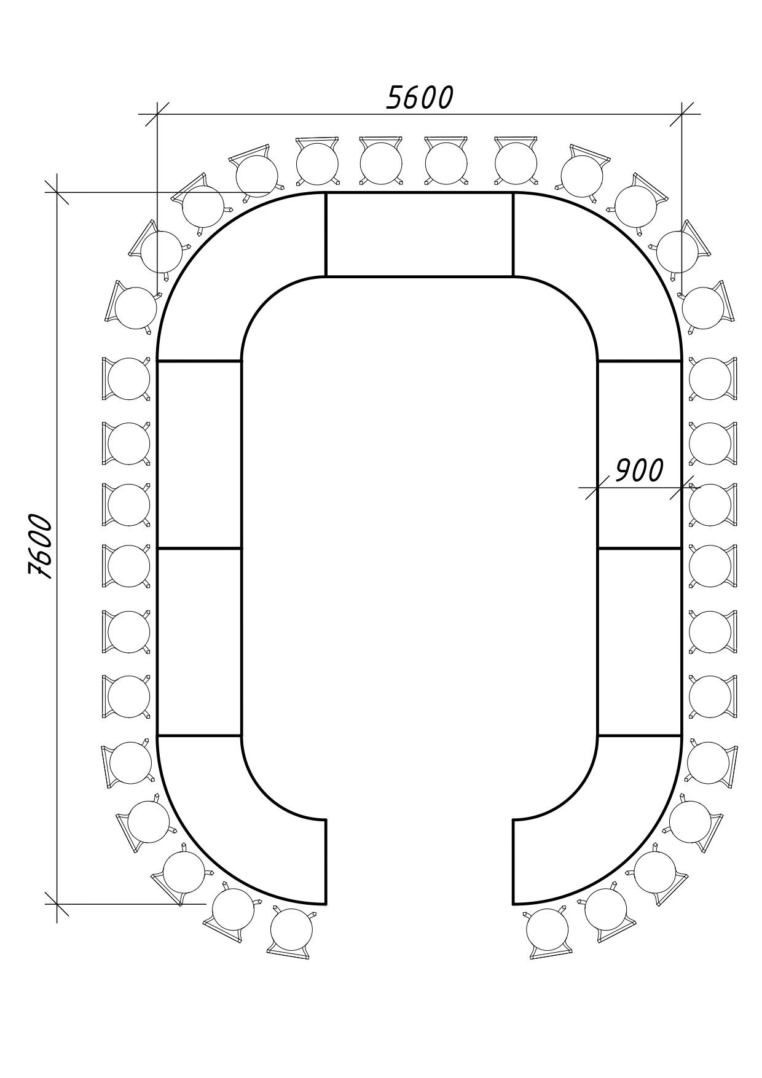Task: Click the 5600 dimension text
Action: coord(420,98)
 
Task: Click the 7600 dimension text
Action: coord(41,546)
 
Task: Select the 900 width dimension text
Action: coord(639,471)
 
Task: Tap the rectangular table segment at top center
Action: coord(419,235)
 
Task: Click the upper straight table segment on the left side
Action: coord(199,455)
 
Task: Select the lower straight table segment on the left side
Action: coord(199,642)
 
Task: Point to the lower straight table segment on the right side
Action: coord(639,642)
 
